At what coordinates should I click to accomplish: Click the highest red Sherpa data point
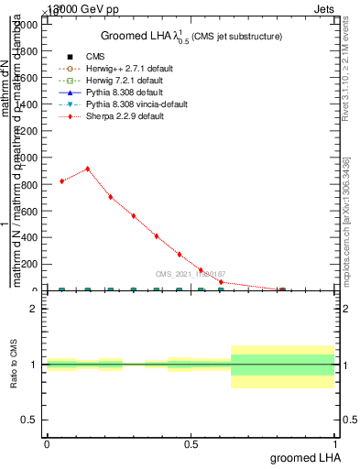(x=88, y=169)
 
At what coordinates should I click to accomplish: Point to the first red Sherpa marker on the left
(x=61, y=181)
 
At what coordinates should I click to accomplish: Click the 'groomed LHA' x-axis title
(x=306, y=457)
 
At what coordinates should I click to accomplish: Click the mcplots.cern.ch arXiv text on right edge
(x=347, y=220)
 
